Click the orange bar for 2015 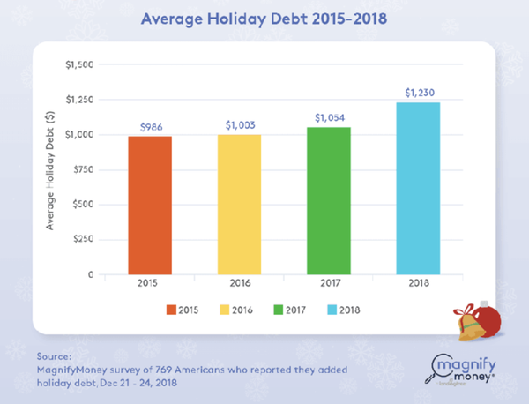click(149, 206)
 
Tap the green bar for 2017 click(327, 201)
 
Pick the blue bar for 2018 click(417, 189)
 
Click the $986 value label click(150, 127)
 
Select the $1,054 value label click(327, 117)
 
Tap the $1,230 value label click(417, 93)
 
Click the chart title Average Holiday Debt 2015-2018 click(264, 18)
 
